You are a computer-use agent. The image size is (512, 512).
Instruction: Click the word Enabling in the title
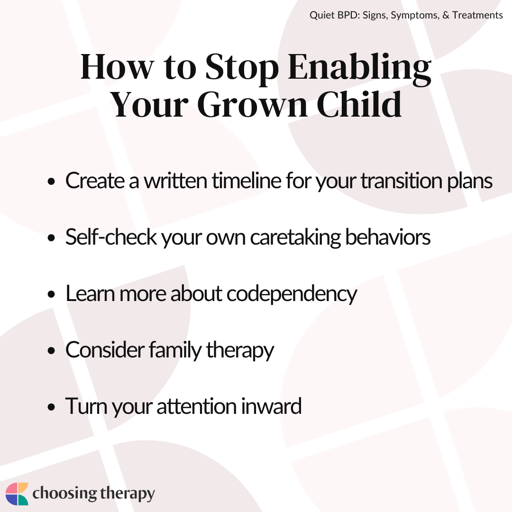pos(359,69)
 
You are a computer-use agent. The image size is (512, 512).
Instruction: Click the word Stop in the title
pos(242,69)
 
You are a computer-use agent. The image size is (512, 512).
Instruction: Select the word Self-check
pos(111,237)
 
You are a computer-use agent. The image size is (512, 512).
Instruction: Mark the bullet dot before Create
pos(51,182)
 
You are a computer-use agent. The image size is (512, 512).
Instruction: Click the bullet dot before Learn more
pos(51,294)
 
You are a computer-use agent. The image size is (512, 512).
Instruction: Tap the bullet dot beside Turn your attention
pos(51,407)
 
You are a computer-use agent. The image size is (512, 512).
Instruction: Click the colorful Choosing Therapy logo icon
pos(17,494)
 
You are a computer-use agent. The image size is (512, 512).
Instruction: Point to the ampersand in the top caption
pos(446,15)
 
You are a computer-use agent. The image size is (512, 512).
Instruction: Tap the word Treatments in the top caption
pos(477,15)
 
